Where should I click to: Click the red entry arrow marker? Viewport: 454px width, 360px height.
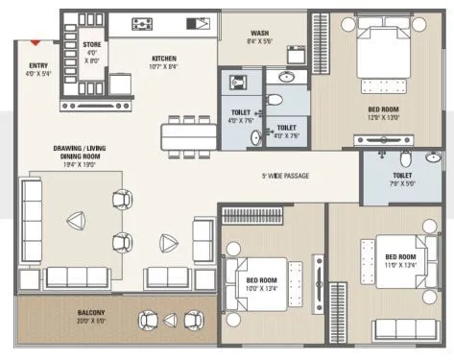[36, 41]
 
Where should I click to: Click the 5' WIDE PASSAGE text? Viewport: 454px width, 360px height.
[285, 176]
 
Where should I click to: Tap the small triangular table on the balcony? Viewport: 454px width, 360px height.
[170, 321]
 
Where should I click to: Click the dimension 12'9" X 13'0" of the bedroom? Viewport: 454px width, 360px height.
[383, 117]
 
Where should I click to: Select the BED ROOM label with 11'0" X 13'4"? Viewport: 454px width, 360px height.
[400, 256]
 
